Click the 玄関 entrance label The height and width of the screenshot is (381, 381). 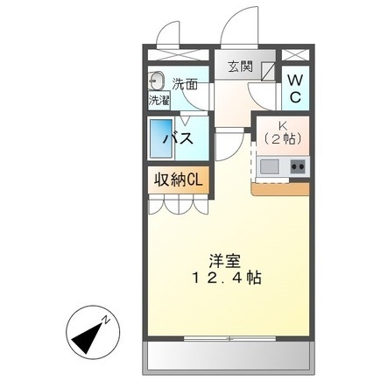click(x=240, y=66)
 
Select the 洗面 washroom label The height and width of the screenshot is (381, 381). click(x=184, y=85)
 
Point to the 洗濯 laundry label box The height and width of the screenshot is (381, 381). click(x=158, y=100)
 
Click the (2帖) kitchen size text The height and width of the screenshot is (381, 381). click(x=283, y=139)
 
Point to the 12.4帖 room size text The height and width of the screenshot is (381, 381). click(x=224, y=278)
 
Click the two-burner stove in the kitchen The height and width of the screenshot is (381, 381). click(x=298, y=166)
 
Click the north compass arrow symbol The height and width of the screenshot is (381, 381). click(x=85, y=330)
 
